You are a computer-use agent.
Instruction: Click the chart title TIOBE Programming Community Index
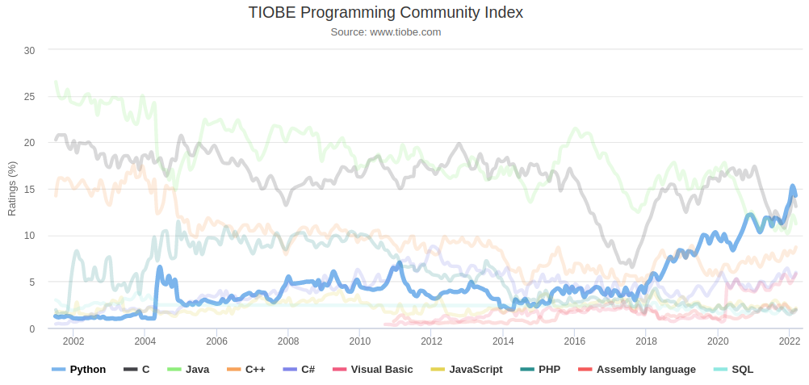[x=385, y=13]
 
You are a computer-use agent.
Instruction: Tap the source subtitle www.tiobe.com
[x=385, y=32]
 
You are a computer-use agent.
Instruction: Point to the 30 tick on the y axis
[x=30, y=50]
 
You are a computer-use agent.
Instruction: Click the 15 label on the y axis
[x=30, y=190]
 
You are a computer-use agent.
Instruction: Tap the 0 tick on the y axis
[x=32, y=329]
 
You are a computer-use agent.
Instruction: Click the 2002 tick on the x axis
[x=73, y=341]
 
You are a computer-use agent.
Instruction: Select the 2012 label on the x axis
[x=431, y=341]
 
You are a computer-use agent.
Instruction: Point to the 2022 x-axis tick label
[x=789, y=341]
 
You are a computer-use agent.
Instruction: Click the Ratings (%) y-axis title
[x=12, y=190]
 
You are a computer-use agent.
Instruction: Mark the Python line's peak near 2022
[x=793, y=186]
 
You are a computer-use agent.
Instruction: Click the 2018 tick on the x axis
[x=646, y=341]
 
